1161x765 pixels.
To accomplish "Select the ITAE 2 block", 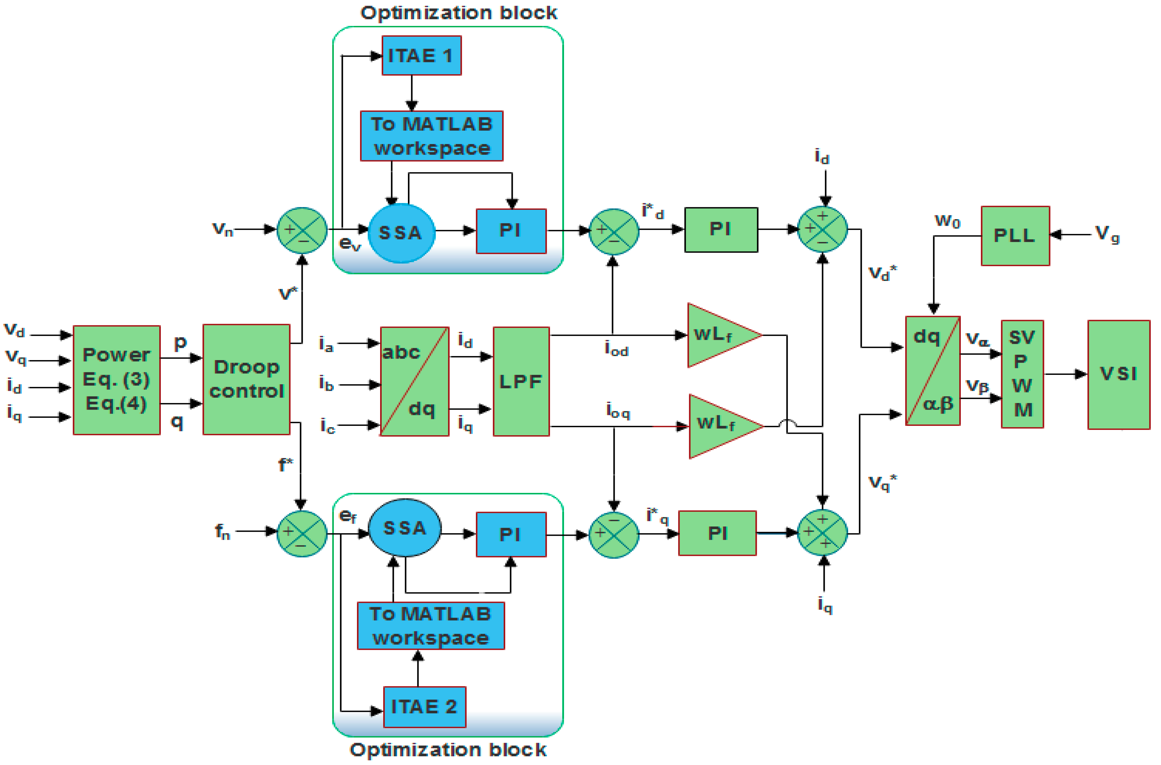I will point(425,706).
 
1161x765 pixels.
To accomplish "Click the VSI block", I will point(1118,375).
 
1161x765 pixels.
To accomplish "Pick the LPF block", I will point(521,381).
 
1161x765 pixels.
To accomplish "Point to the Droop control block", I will point(246,379).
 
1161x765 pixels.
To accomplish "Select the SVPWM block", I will point(1022,374).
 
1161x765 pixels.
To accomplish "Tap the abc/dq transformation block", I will point(414,381).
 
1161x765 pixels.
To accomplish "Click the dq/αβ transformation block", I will point(932,370).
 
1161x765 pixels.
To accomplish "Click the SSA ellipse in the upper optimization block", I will point(401,233).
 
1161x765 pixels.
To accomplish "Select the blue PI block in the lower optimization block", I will point(511,534).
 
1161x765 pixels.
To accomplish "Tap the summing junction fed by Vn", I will point(302,230).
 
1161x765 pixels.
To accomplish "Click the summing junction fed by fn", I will point(302,533).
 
